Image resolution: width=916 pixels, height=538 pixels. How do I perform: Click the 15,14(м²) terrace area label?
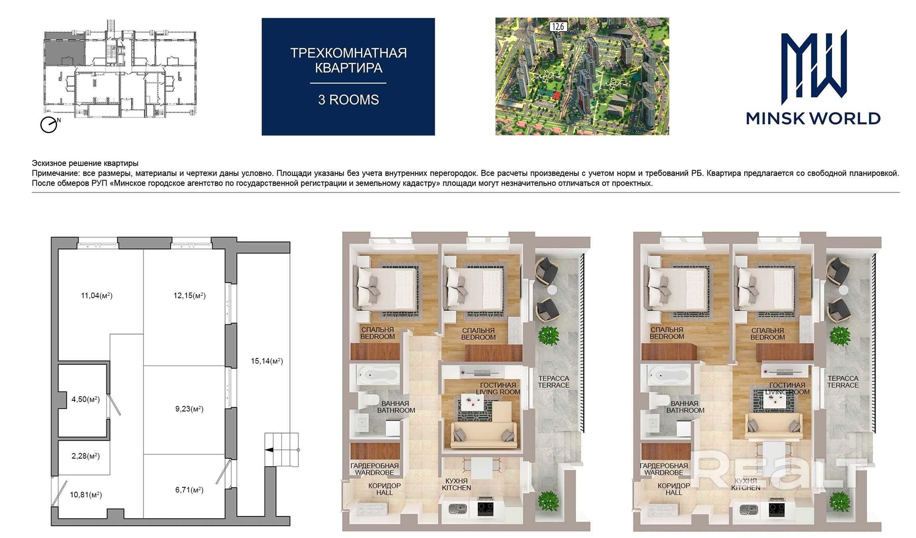pos(267,361)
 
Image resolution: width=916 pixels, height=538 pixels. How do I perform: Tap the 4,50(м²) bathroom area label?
pos(86,400)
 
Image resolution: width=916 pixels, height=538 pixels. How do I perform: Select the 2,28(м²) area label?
pos(86,456)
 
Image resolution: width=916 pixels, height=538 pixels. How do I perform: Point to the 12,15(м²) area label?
pos(190,296)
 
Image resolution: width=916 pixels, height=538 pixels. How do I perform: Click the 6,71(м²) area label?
pos(189,490)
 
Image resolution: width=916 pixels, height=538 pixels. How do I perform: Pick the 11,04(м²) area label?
pos(97,296)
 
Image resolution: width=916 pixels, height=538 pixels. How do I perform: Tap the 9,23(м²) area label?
pos(189,409)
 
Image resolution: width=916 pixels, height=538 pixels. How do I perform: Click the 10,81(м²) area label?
pos(86,495)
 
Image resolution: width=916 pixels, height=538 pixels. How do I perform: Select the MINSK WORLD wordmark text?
pos(813,118)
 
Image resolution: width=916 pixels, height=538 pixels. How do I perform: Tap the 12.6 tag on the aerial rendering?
pos(558,27)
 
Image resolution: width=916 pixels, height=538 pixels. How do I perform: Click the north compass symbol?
pos(49,124)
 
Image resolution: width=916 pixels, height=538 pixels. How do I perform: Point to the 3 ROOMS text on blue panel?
pos(348,99)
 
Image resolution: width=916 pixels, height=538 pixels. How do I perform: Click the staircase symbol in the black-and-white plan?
pos(282,450)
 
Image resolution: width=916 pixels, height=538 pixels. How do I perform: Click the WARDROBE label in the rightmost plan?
pos(664,473)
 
